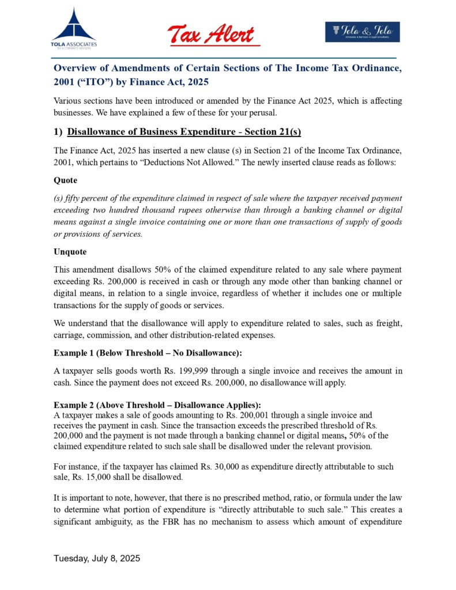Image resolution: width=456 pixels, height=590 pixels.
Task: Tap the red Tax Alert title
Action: (x=211, y=34)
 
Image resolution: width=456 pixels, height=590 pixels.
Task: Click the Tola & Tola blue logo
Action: (x=362, y=32)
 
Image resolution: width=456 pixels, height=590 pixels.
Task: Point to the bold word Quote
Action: (x=65, y=180)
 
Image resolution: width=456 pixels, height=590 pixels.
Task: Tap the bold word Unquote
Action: (x=70, y=252)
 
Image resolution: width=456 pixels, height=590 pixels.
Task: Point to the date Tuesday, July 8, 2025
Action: (x=97, y=559)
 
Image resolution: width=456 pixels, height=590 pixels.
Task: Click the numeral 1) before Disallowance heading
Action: (x=58, y=132)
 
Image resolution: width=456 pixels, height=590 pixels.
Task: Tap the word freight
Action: (x=389, y=322)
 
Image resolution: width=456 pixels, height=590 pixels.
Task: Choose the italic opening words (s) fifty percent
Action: (x=82, y=198)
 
